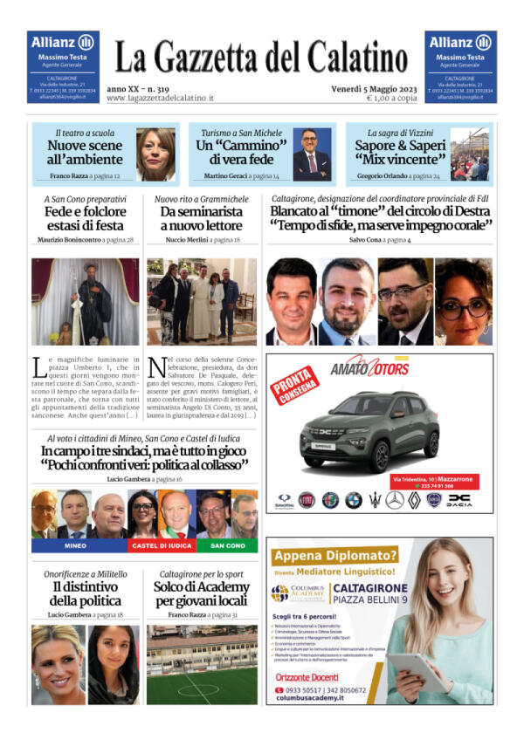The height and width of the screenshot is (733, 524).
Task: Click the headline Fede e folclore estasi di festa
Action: click(85, 218)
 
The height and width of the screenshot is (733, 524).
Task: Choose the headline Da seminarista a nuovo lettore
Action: click(201, 218)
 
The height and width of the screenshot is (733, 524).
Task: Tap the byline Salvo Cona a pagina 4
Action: click(380, 239)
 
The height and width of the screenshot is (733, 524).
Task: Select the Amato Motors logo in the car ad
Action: click(369, 368)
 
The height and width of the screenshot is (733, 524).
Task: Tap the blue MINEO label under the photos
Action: click(76, 545)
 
